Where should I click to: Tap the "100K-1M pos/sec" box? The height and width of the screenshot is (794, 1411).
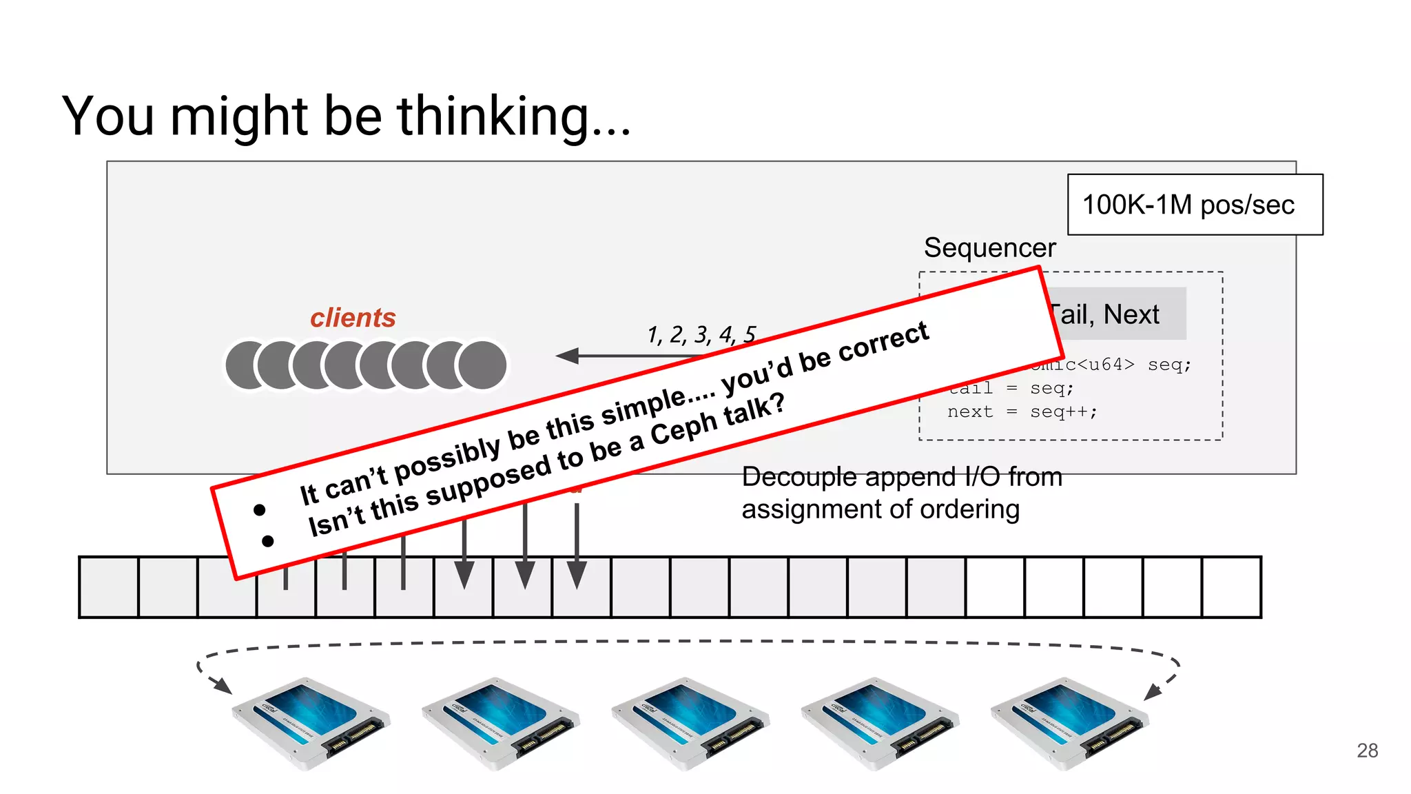1195,205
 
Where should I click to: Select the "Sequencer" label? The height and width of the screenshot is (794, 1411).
989,247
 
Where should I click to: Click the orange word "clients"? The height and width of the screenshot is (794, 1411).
353,318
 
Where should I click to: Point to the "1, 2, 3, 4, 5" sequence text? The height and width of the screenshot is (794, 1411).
701,334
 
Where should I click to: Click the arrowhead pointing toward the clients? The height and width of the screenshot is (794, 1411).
568,356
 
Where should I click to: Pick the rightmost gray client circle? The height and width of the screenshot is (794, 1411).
483,365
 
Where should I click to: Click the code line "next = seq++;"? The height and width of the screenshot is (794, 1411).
1022,411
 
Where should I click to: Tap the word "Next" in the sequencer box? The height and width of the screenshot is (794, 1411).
1131,314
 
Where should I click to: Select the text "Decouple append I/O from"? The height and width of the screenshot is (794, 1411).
901,477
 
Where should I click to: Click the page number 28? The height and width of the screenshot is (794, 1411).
1367,750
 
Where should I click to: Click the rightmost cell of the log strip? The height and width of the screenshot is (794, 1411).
1231,587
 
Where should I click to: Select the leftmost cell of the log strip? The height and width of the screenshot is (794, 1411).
109,587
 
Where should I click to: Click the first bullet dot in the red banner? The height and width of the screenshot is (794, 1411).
260,510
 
